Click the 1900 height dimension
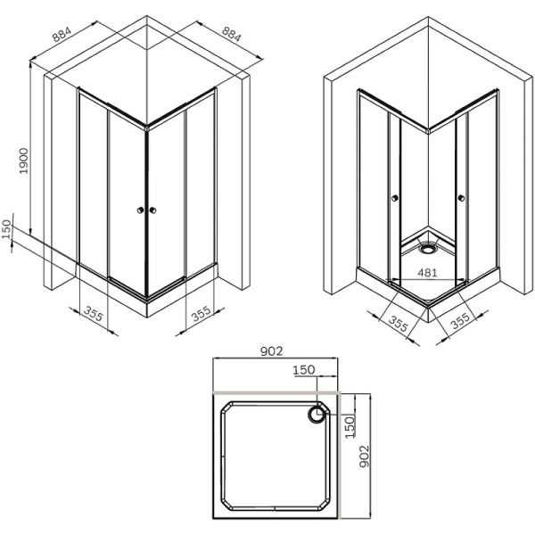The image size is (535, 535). (x=25, y=162)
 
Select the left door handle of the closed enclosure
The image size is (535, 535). (x=139, y=210)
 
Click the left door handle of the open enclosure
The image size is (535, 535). (x=395, y=198)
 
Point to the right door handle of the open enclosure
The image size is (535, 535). (x=461, y=198)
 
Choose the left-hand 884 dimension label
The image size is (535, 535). (x=62, y=35)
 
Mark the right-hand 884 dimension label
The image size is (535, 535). (x=230, y=35)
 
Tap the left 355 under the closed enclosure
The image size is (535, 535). (x=93, y=313)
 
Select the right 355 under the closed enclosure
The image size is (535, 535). (x=201, y=313)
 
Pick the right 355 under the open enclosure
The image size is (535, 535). (x=460, y=321)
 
